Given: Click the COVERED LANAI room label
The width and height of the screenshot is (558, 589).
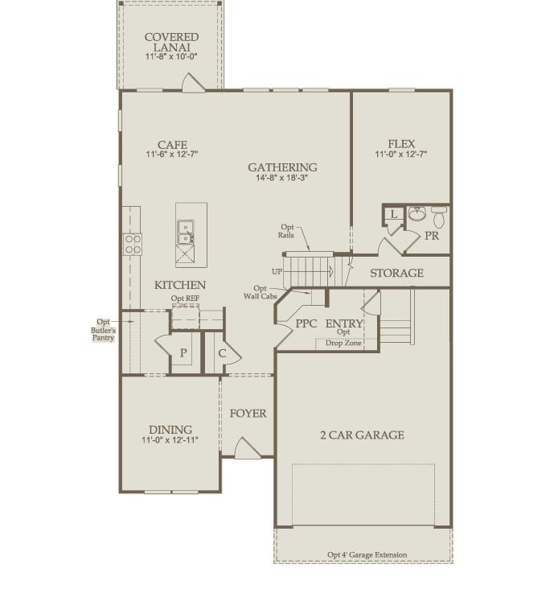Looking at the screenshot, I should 171,43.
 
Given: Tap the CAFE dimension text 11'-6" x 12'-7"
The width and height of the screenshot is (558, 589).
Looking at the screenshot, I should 171,154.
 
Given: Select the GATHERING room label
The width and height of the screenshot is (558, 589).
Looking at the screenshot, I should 281,167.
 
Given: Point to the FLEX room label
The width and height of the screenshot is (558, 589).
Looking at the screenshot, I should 400,144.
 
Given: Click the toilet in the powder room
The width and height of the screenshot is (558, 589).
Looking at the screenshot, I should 438,217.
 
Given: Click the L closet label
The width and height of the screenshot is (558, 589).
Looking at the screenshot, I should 393,214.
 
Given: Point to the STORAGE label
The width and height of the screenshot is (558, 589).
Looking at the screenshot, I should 396,274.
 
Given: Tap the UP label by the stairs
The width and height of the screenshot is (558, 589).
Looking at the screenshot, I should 277,271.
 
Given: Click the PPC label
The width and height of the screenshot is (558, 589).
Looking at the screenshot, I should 305,323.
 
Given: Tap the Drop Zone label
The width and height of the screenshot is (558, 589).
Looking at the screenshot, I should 343,344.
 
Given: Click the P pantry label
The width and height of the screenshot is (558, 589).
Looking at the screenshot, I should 183,352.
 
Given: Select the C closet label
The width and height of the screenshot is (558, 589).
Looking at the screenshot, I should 221,352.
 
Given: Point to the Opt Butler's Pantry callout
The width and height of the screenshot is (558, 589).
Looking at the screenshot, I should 102,329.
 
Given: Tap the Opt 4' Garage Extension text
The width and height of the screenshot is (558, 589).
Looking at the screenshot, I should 367,555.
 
